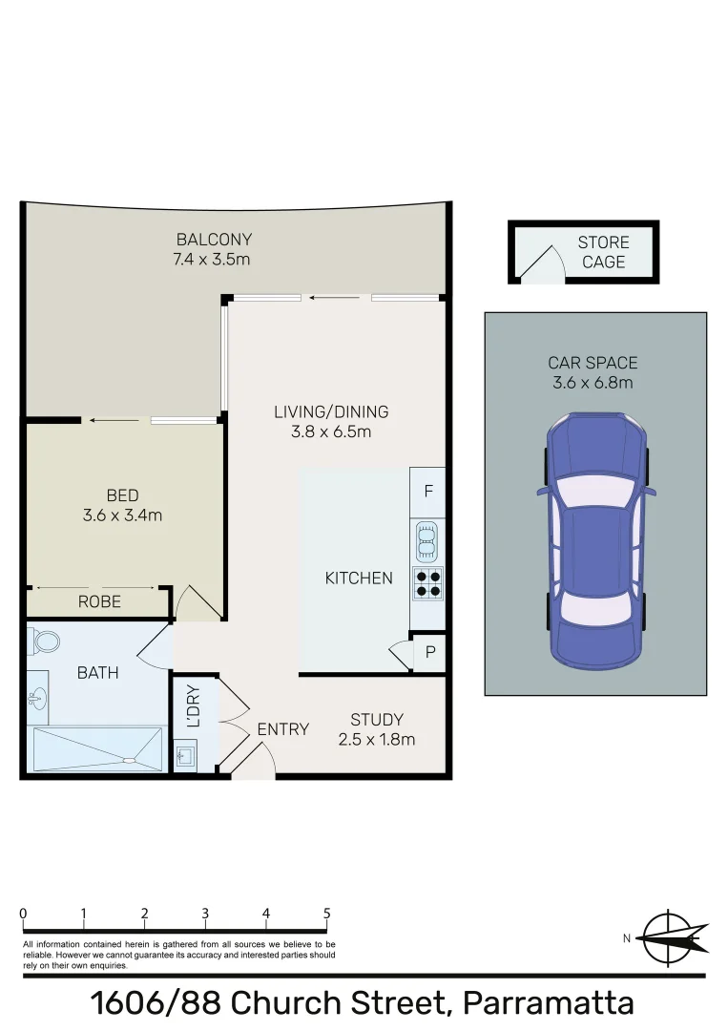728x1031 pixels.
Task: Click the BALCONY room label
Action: pos(213,240)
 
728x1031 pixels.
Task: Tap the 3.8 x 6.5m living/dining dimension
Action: pos(331,431)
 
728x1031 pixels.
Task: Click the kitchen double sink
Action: pos(427,542)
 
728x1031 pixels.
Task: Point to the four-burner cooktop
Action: pos(427,582)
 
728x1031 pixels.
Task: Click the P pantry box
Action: pos(429,653)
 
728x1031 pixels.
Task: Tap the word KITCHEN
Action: pos(359,578)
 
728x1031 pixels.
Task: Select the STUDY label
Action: pos(376,720)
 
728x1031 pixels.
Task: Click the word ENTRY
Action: pos(283,729)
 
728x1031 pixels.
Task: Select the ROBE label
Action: pos(99,601)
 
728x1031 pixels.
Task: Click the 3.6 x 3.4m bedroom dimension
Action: pos(122,515)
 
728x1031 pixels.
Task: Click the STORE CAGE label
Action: pos(603,252)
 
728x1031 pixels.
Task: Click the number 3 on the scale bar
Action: pos(205,914)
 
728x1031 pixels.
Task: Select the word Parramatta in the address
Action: pos(548,1003)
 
